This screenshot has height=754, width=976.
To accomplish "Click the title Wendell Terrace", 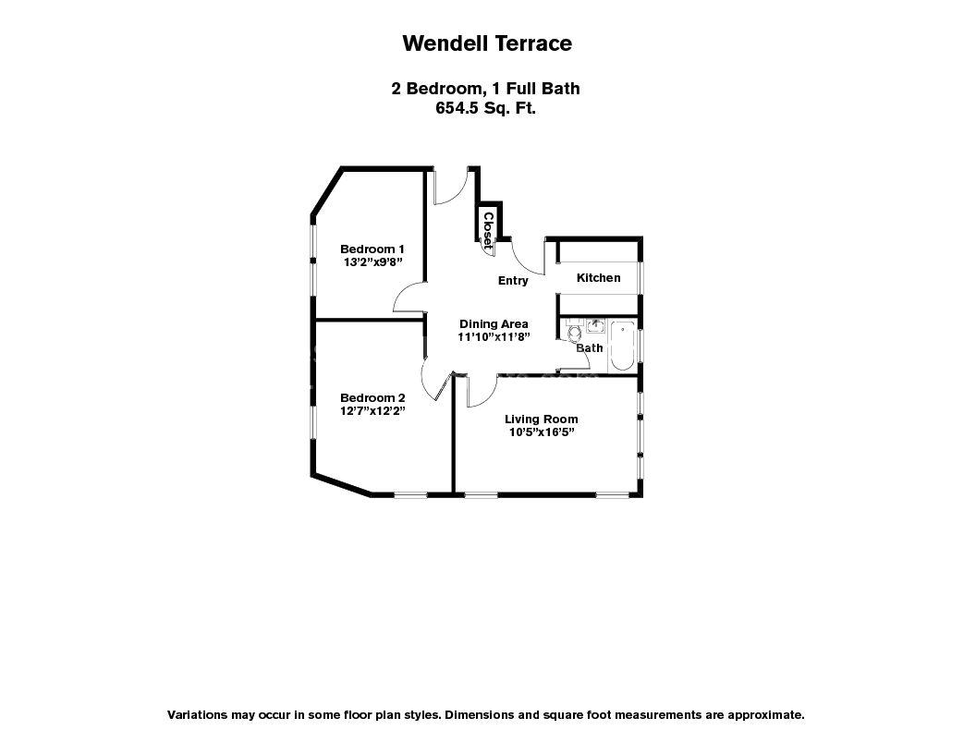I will coord(487,43).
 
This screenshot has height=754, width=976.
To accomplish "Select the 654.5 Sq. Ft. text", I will coord(486,107).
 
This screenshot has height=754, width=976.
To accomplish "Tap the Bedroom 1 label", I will coord(372,249).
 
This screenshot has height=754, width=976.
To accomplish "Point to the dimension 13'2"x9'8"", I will coord(372,261).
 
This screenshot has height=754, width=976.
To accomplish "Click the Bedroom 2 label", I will coord(372,398).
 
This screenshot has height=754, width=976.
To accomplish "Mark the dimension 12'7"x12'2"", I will coord(372,411).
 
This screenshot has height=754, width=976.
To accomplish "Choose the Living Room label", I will coord(541,419).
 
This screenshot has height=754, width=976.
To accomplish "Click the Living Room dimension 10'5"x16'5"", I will coord(541,432).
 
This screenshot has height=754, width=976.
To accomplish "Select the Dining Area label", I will coord(494,323).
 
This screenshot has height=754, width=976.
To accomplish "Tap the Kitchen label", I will coord(598,278).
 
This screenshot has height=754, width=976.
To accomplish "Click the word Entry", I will coord(513,281).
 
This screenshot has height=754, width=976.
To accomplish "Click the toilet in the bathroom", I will coord(573,332).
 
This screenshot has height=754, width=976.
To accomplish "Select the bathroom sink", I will coord(595,325).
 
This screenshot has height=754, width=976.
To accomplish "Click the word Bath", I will coord(590,348).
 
